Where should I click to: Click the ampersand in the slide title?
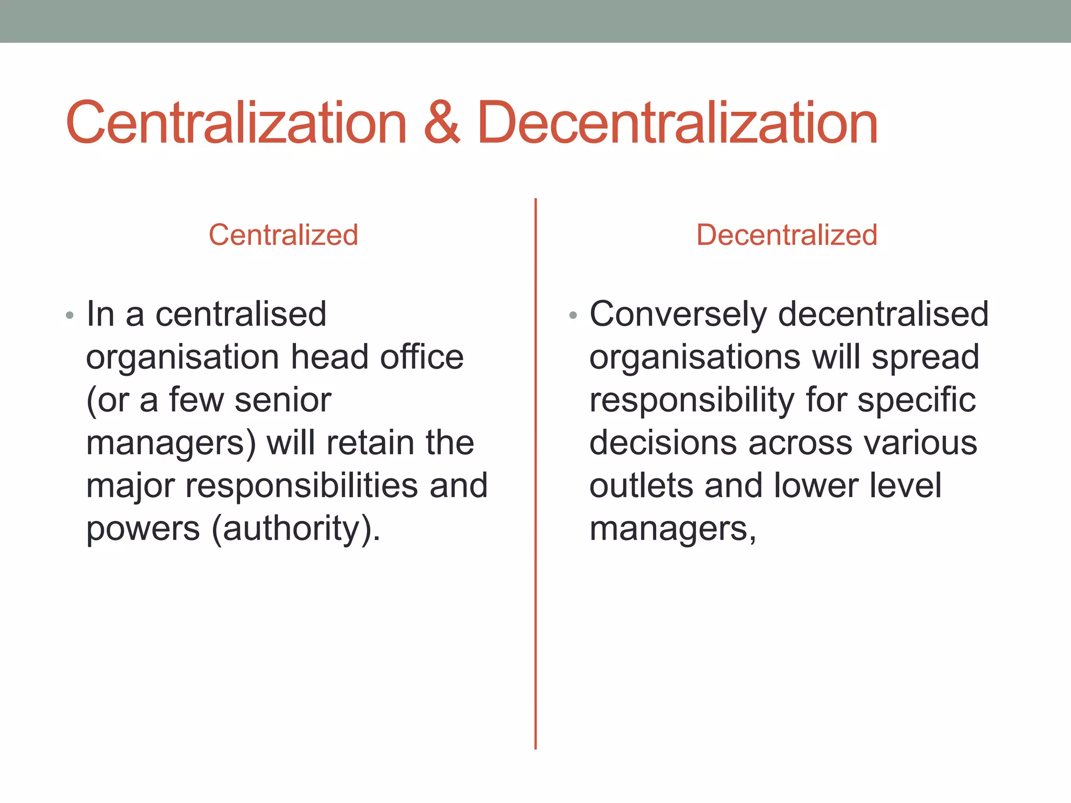[442, 123]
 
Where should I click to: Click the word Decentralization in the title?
[677, 123]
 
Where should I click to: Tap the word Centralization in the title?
[236, 123]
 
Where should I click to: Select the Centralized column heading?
[283, 235]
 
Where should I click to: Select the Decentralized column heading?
[787, 235]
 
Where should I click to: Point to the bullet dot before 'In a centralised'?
[70, 316]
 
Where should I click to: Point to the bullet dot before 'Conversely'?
[573, 316]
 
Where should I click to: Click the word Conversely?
[678, 315]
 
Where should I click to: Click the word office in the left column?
[421, 358]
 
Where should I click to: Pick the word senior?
[282, 400]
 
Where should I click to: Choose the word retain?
[370, 443]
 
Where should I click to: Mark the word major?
[130, 486]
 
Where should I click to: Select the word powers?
[143, 529]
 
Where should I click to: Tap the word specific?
[916, 400]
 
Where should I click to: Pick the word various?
[920, 443]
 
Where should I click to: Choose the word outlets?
[641, 485]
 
